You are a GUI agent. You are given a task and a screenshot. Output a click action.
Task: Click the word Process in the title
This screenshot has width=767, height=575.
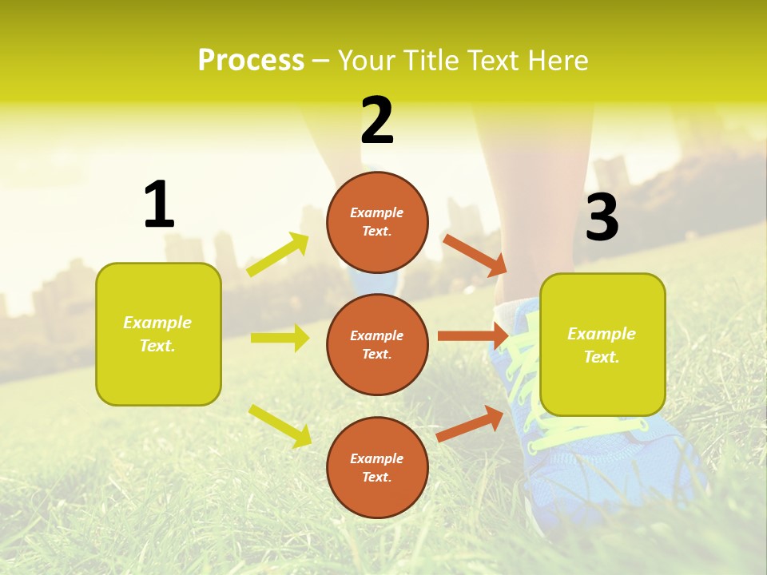(251, 61)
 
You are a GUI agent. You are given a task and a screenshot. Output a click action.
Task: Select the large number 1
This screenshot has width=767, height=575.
(159, 204)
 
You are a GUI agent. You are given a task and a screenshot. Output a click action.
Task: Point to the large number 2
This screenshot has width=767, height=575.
(377, 121)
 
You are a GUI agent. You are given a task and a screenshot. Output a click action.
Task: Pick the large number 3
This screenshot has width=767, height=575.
(602, 218)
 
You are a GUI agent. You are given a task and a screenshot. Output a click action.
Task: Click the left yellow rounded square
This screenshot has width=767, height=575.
(158, 334)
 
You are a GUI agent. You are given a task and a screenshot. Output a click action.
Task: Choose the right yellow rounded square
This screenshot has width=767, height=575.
(602, 345)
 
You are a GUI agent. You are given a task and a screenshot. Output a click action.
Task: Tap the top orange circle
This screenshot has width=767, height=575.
(377, 222)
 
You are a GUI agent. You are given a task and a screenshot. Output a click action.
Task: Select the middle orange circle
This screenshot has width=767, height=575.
(377, 344)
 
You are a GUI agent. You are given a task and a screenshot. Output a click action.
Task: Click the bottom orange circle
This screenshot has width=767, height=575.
(377, 467)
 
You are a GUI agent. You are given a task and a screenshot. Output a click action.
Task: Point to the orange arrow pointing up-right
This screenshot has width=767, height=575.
(470, 423)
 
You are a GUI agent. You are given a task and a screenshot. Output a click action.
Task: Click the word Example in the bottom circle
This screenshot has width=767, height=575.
(377, 458)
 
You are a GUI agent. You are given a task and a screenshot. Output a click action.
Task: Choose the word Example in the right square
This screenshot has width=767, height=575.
(602, 334)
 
